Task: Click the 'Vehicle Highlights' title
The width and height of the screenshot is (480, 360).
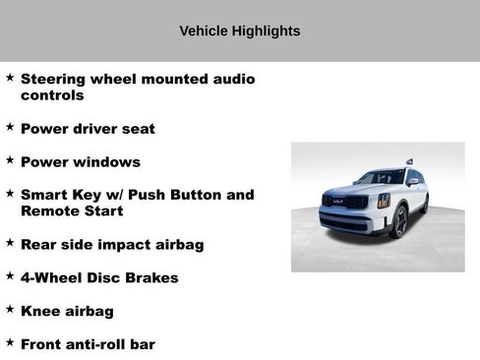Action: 240,31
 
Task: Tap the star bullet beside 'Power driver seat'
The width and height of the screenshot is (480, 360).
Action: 10,127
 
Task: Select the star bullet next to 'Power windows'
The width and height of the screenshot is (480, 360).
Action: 10,159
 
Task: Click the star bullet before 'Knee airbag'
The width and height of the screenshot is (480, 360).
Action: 10,309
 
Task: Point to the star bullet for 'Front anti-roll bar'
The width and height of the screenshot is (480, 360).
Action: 10,342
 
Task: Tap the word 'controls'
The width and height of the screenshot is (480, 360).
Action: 52,95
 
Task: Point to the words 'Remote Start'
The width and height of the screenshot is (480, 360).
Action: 72,210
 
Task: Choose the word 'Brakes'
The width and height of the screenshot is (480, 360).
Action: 150,277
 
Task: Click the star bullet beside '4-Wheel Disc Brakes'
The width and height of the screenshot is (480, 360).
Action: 10,275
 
